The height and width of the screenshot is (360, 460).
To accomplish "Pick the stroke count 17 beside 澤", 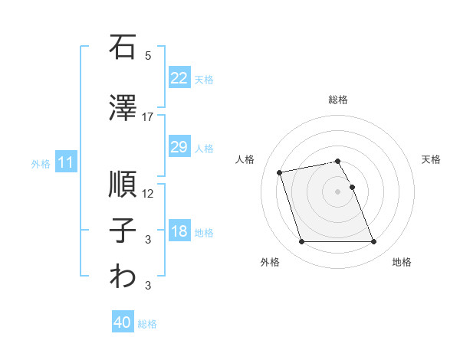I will pos(148,116).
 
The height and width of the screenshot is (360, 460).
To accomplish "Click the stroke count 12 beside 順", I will pos(148,194).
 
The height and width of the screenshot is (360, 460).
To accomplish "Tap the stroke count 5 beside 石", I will pos(148,56).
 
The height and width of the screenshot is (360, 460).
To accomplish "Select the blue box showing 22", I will pos(179,77).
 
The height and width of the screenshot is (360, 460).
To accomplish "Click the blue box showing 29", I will pos(179,147).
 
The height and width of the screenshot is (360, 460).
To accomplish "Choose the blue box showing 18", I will pos(179,232).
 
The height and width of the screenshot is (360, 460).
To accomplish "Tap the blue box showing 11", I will pos(65,162).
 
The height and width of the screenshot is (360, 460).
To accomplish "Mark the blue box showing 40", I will pos(122,322).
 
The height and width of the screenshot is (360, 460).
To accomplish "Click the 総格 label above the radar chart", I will pos(338,100).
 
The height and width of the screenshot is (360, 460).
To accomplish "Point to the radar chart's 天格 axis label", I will pos(432,159).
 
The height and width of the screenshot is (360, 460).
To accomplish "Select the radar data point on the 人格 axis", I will pos(280,172).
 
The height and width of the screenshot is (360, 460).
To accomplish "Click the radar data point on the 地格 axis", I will pos(373,242).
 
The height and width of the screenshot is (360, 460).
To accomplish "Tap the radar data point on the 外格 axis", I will pos(301,242).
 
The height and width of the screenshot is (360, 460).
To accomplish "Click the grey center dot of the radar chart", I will pos(337,191).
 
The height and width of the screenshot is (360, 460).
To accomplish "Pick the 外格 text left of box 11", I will pos(41,163).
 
